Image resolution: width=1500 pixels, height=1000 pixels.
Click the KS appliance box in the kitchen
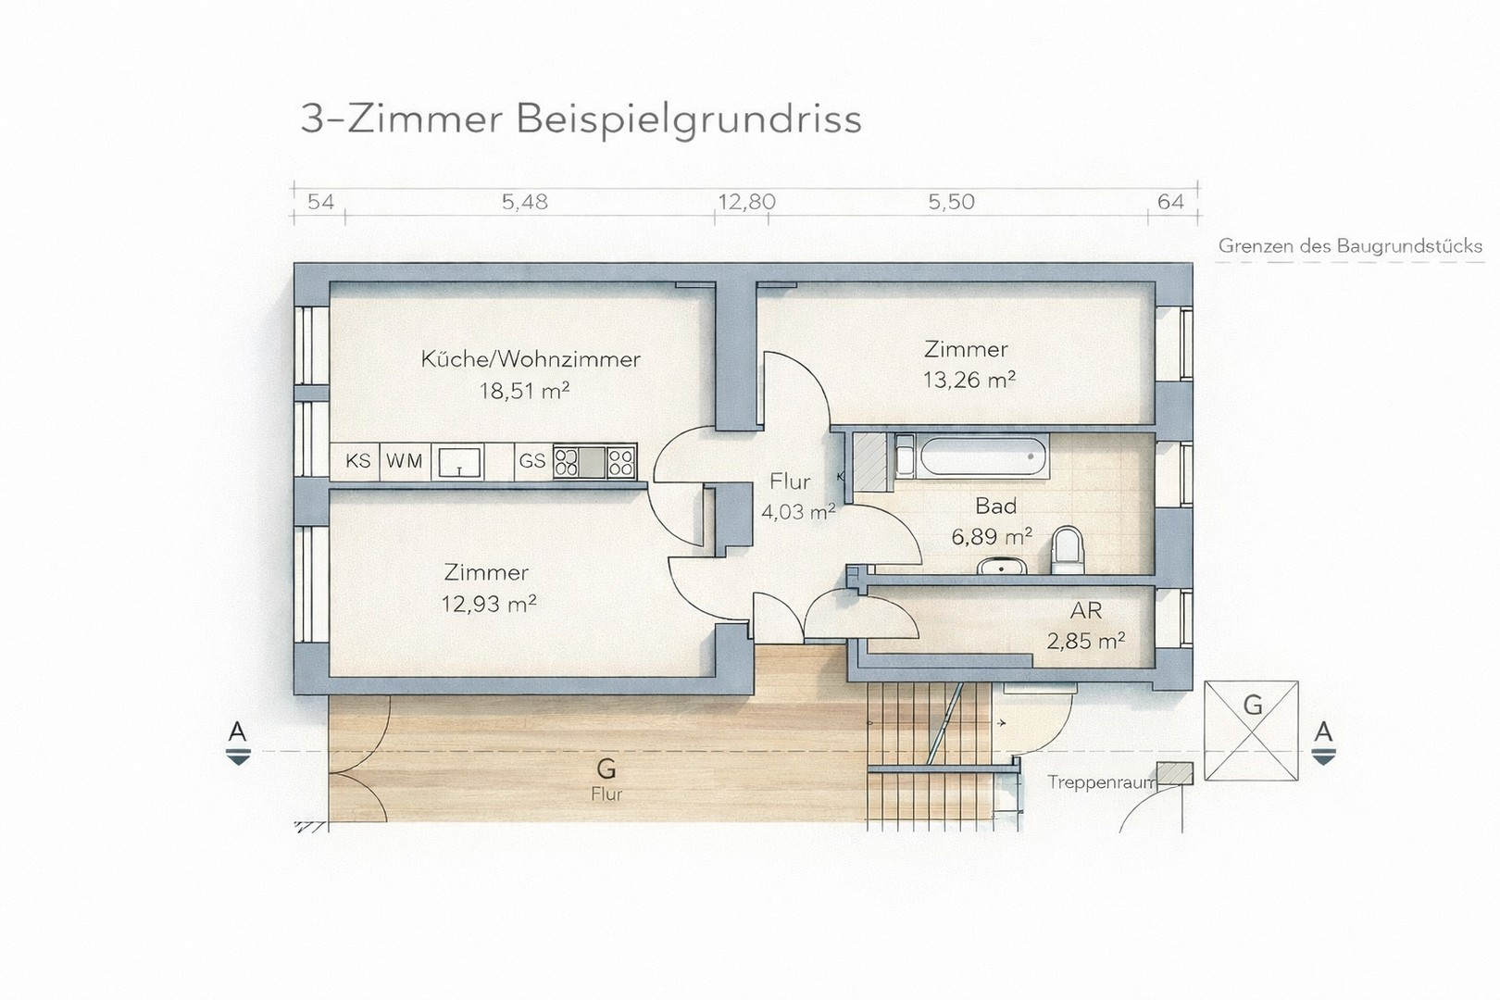(x=357, y=461)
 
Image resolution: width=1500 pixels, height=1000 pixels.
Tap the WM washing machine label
(x=404, y=461)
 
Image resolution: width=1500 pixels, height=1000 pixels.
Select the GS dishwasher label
(x=531, y=461)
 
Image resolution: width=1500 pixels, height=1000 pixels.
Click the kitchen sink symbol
(x=459, y=461)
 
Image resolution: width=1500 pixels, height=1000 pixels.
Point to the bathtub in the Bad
(x=982, y=456)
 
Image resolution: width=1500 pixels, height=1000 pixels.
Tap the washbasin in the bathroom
(x=998, y=565)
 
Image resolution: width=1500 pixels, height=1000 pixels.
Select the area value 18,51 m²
(x=523, y=391)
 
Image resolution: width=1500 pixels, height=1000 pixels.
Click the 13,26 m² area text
(x=969, y=381)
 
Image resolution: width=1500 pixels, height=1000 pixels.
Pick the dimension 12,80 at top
(x=746, y=202)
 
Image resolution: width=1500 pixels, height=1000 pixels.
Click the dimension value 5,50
(x=951, y=202)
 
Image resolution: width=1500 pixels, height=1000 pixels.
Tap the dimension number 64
(x=1170, y=202)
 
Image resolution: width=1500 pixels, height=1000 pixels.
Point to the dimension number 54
(x=319, y=202)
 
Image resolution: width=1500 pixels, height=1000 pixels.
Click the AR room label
(x=1085, y=611)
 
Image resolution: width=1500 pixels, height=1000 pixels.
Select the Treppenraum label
(x=1101, y=782)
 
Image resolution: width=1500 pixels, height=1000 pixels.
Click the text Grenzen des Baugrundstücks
(x=1350, y=246)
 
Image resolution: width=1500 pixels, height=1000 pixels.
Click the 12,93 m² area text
(x=489, y=605)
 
